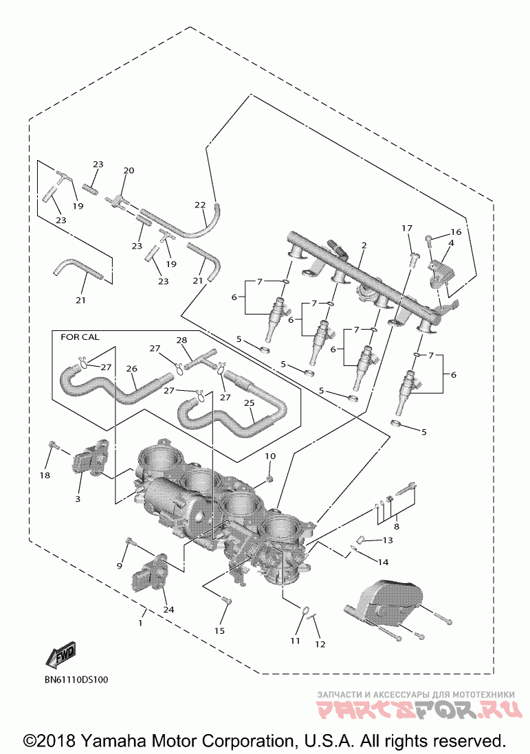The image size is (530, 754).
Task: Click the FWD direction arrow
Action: pyautogui.click(x=60, y=655)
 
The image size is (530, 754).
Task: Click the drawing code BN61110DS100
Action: pyautogui.click(x=76, y=679)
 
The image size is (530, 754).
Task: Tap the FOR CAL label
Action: pyautogui.click(x=80, y=337)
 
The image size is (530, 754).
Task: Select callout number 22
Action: pyautogui.click(x=200, y=205)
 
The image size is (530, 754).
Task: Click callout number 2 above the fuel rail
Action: pyautogui.click(x=364, y=245)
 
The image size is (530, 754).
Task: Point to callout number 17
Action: pyautogui.click(x=407, y=228)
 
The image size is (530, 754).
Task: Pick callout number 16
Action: pyautogui.click(x=456, y=232)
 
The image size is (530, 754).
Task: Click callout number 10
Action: pyautogui.click(x=270, y=456)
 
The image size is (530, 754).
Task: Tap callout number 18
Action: pyautogui.click(x=45, y=475)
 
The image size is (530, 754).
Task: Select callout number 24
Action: pyautogui.click(x=168, y=609)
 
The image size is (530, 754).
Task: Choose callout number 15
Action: pyautogui.click(x=219, y=630)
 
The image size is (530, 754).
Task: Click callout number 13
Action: pyautogui.click(x=388, y=540)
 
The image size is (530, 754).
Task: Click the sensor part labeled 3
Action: pyautogui.click(x=86, y=460)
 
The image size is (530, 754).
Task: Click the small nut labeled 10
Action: pyautogui.click(x=270, y=478)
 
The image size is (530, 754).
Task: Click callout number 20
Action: pyautogui.click(x=129, y=170)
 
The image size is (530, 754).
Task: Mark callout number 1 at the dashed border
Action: pyautogui.click(x=140, y=623)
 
